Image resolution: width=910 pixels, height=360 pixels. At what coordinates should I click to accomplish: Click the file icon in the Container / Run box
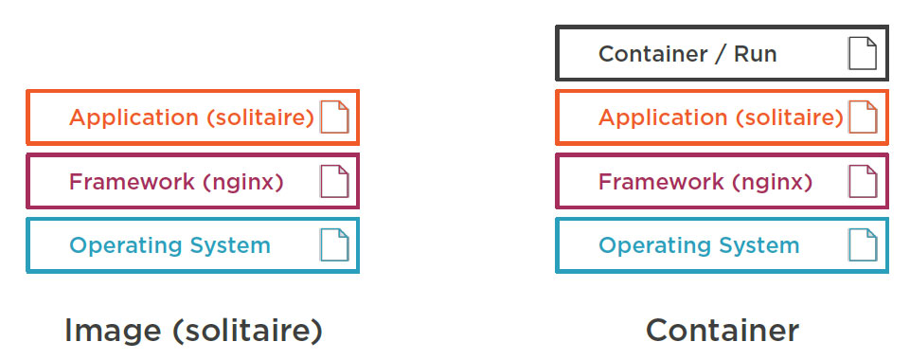pyautogui.click(x=863, y=54)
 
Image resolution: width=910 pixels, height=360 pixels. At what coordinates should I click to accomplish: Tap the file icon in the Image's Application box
pyautogui.click(x=334, y=117)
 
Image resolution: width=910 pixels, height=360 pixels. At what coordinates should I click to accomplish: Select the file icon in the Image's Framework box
pyautogui.click(x=334, y=181)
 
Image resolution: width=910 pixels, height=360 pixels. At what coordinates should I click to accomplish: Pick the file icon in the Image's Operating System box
pyautogui.click(x=334, y=245)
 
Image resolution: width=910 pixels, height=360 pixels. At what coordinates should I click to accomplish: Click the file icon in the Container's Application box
pyautogui.click(x=863, y=117)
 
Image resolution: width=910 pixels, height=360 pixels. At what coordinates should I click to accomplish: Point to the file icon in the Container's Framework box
pyautogui.click(x=863, y=181)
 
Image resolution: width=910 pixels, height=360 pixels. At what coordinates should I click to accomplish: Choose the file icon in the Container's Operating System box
pyautogui.click(x=863, y=245)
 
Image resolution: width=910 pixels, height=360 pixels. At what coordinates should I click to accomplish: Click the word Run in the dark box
pyautogui.click(x=755, y=54)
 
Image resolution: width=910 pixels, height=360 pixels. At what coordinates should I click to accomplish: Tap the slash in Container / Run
pyautogui.click(x=720, y=54)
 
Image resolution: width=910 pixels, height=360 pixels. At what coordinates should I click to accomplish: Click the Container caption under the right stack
pyautogui.click(x=723, y=331)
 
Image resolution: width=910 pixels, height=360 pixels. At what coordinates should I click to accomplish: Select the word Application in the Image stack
pyautogui.click(x=134, y=118)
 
